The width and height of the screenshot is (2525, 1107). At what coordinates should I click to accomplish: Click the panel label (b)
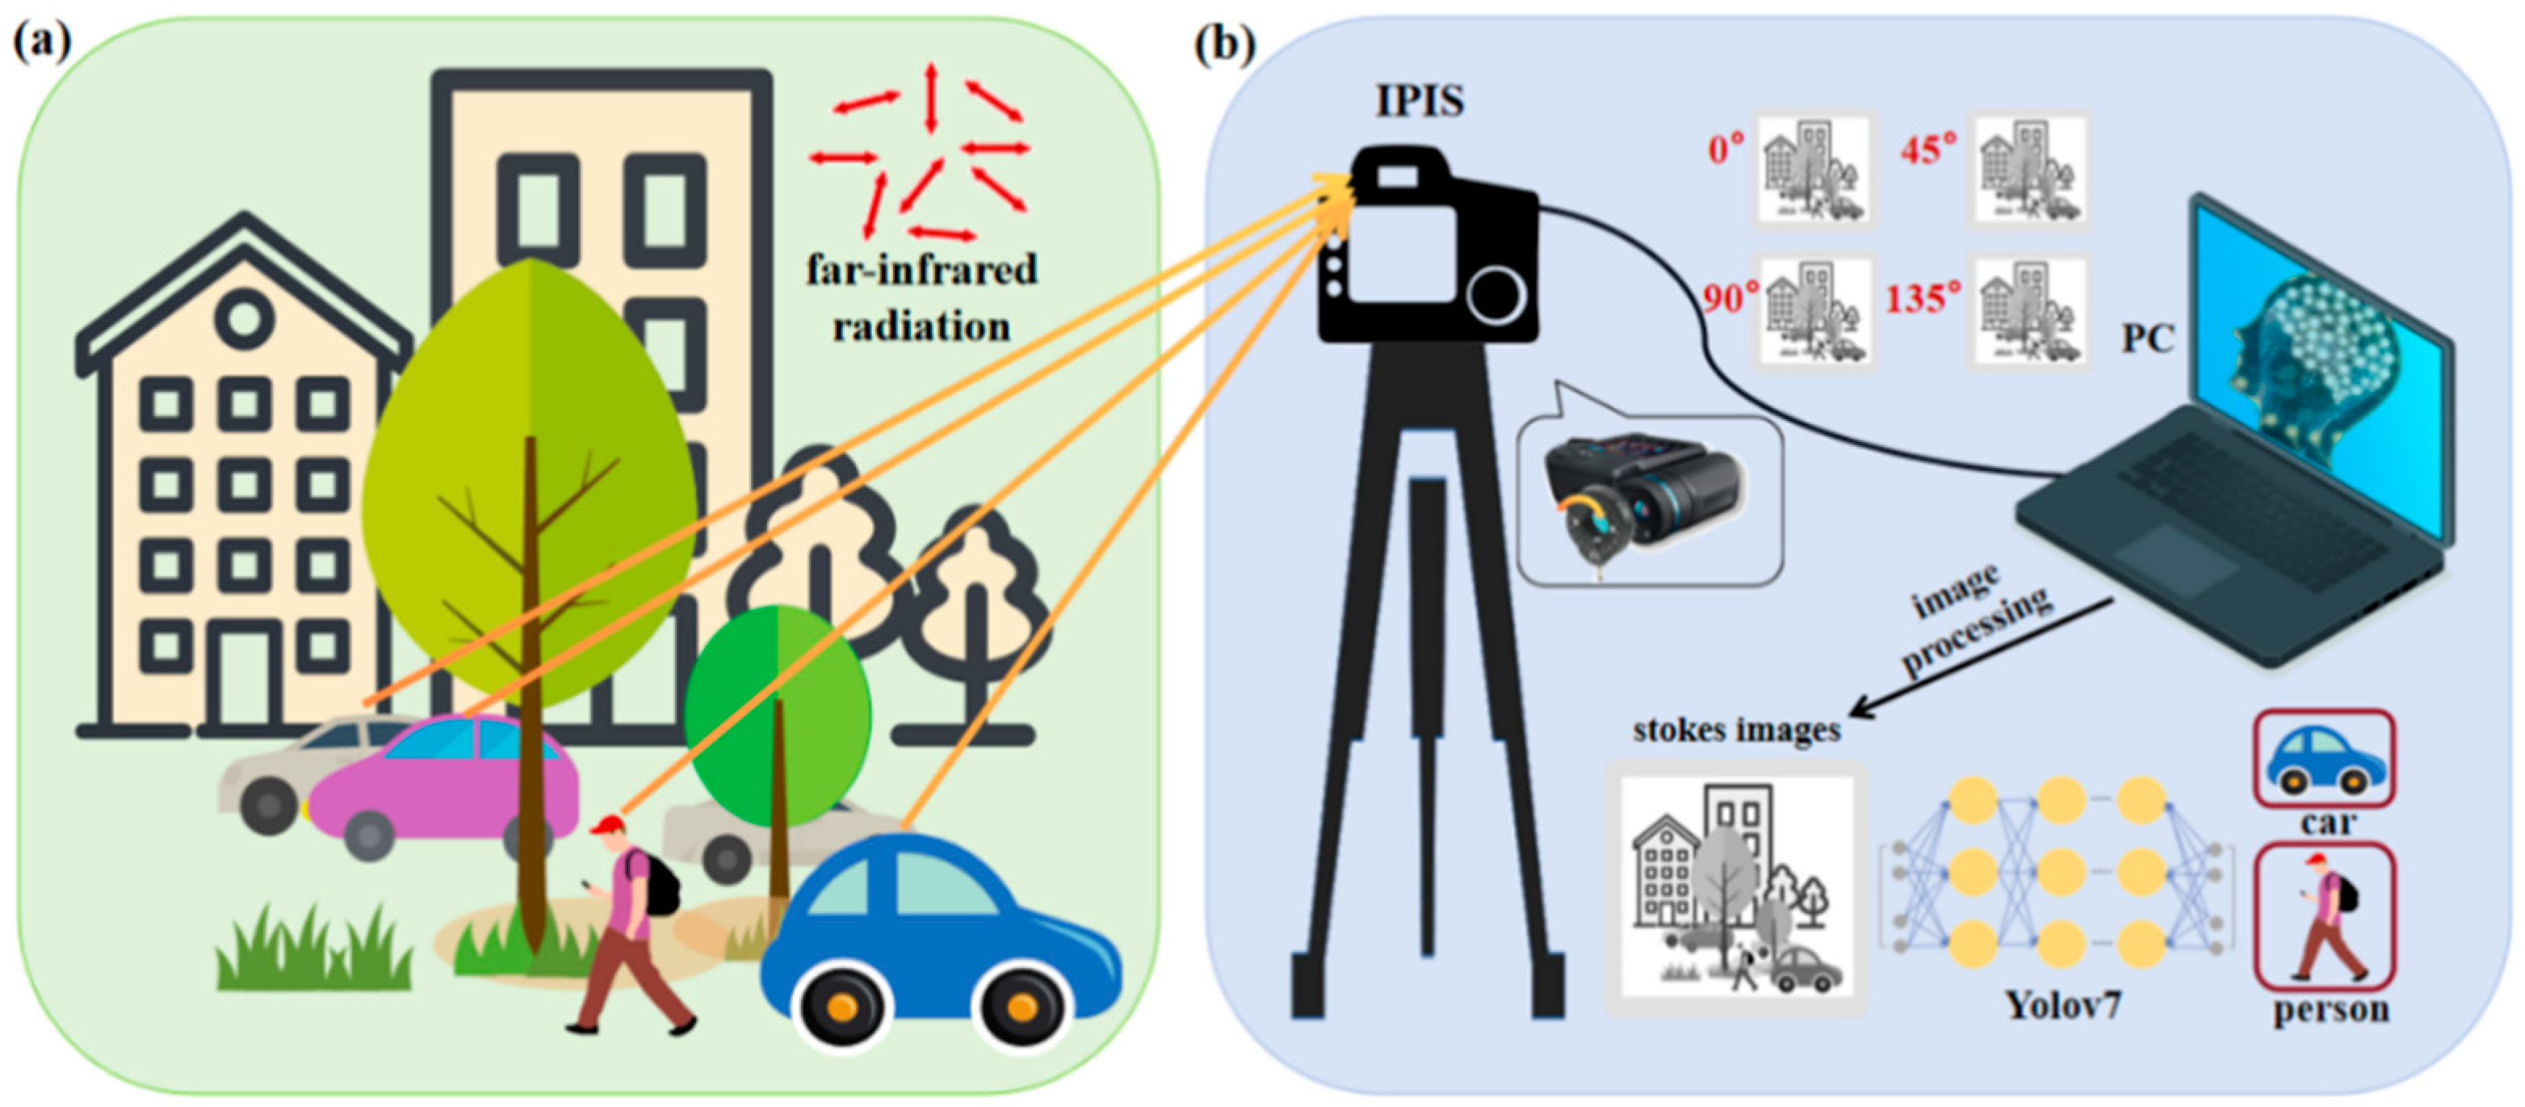[1224, 45]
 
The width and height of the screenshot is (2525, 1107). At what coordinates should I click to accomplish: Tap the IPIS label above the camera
[1420, 102]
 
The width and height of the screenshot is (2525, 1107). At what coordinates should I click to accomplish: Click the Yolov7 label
[2062, 1005]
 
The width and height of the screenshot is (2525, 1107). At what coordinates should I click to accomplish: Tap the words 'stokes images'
[1736, 730]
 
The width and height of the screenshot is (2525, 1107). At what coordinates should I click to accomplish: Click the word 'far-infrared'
[921, 270]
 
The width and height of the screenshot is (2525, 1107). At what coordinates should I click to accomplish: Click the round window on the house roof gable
[243, 318]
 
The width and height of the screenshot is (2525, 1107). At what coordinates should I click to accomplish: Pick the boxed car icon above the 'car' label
[2324, 759]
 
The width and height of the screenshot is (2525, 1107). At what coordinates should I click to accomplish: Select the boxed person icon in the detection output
[2324, 917]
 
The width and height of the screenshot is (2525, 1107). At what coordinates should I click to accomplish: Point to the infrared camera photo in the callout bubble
[1646, 499]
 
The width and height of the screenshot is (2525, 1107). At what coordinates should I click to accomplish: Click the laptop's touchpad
[2177, 560]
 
